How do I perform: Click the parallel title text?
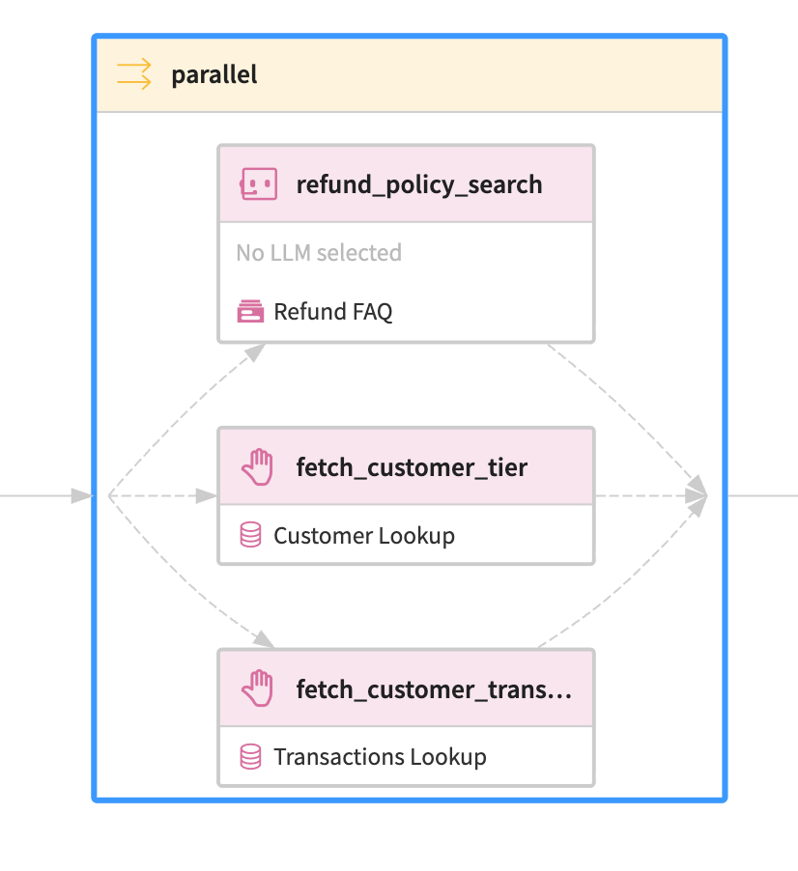[x=214, y=74]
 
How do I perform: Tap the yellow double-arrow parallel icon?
[x=134, y=74]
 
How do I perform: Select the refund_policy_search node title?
[x=418, y=184]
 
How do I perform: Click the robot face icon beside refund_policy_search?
[x=258, y=183]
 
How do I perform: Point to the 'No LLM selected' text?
[x=319, y=253]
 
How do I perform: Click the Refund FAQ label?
[x=333, y=312]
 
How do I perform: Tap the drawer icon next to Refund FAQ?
[x=251, y=312]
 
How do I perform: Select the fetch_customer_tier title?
[x=412, y=468]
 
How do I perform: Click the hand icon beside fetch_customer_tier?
[x=258, y=468]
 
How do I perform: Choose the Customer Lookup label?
[x=364, y=535]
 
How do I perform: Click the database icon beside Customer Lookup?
[x=250, y=535]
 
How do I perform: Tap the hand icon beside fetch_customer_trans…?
[x=258, y=690]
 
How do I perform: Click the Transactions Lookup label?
[x=380, y=757]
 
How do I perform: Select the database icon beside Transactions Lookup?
[x=250, y=757]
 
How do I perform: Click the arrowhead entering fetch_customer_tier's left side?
[x=206, y=496]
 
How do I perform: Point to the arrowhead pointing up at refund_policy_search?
[x=254, y=352]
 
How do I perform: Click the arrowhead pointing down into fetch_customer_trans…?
[x=263, y=637]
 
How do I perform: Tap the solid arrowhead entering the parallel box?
[x=80, y=496]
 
